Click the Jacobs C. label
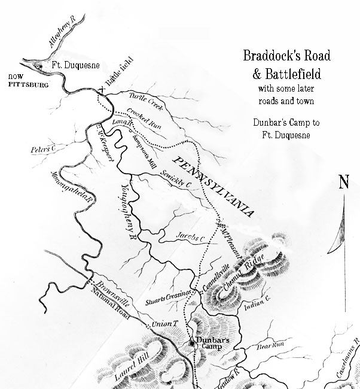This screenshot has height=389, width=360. [191, 238]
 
